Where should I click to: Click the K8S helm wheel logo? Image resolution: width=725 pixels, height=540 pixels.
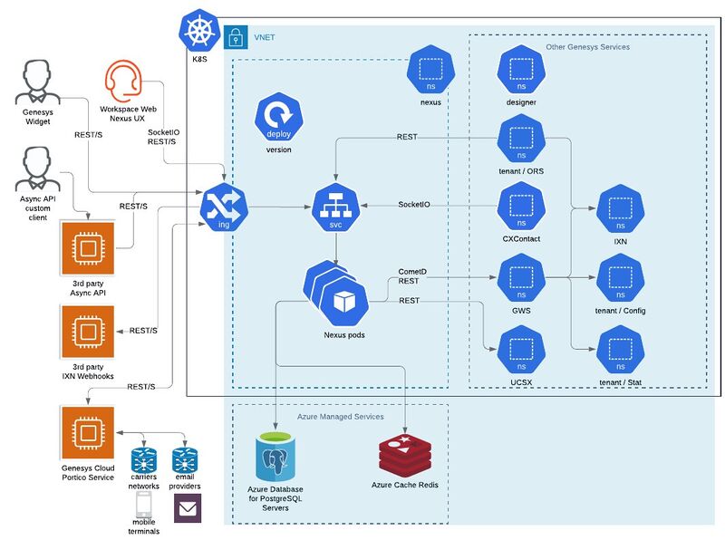(x=199, y=31)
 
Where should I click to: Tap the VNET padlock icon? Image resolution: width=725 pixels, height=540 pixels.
(x=236, y=37)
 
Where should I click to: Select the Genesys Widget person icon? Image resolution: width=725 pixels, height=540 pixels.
(x=37, y=82)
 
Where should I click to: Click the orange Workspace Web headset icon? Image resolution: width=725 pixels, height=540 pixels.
(x=123, y=81)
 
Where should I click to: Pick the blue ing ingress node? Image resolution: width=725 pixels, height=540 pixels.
(x=224, y=207)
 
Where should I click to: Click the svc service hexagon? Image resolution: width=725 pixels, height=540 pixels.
(x=335, y=207)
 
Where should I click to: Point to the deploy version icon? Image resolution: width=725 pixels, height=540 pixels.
(x=279, y=117)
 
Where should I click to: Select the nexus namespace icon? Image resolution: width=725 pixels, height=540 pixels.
(x=431, y=70)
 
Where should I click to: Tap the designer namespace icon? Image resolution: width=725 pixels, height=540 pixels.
(x=521, y=70)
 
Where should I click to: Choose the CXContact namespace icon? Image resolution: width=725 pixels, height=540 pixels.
(x=521, y=207)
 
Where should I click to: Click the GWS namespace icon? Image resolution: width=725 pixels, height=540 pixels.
(x=521, y=278)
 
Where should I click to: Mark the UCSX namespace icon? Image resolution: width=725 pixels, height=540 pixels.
(x=521, y=350)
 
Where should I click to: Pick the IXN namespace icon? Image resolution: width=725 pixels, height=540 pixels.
(x=621, y=208)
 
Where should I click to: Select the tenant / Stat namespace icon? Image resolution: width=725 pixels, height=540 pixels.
(x=621, y=350)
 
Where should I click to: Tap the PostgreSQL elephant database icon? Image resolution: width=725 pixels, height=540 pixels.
(x=275, y=457)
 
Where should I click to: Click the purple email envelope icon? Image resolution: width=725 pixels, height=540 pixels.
(x=188, y=508)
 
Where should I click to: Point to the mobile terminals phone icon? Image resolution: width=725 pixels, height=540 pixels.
(x=144, y=505)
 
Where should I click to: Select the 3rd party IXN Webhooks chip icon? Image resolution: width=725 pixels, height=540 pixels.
(x=88, y=332)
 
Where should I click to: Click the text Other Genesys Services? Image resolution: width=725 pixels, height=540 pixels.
(x=587, y=47)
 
